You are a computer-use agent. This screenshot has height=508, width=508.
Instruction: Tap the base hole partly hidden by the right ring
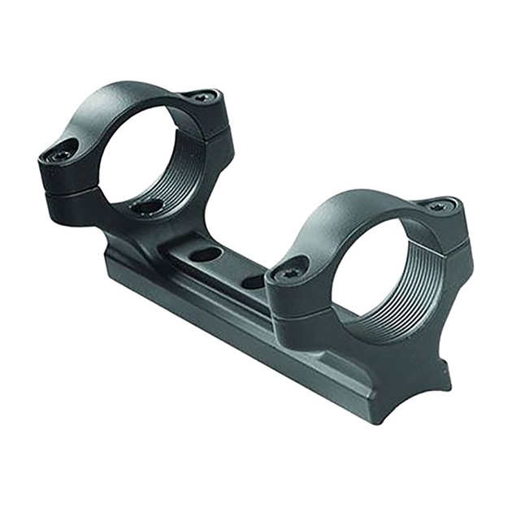pos(254,282)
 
